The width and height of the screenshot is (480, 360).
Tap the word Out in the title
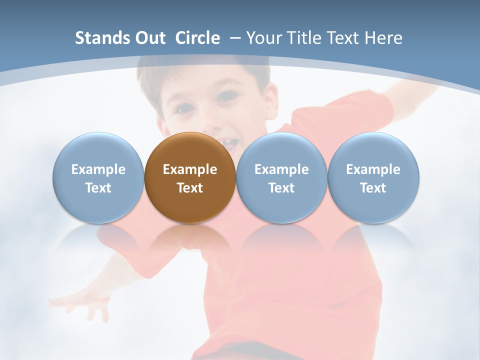[149, 38]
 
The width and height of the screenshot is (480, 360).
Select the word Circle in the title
[197, 38]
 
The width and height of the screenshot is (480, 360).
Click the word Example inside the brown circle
[190, 169]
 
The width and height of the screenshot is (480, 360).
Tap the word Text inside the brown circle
[190, 188]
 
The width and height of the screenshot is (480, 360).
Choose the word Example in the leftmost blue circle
[98, 169]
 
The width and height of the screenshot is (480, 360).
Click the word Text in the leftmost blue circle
[98, 188]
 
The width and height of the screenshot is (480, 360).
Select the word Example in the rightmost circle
[373, 169]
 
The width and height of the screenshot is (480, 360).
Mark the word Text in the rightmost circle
[373, 188]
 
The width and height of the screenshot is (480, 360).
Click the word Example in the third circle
[281, 169]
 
